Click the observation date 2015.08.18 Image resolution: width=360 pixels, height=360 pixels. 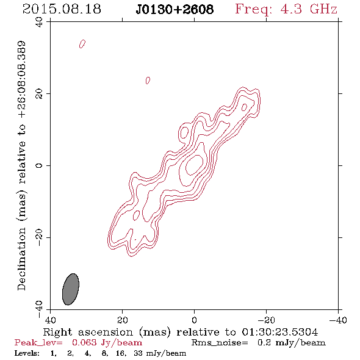pyautogui.click(x=62, y=9)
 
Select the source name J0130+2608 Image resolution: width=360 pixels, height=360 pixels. pyautogui.click(x=175, y=9)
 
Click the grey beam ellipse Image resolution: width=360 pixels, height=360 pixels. pyautogui.click(x=71, y=289)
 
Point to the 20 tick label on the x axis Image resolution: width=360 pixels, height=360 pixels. pyautogui.click(x=122, y=320)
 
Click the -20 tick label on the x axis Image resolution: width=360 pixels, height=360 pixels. pyautogui.click(x=266, y=320)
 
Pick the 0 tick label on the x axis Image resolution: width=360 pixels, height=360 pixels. pyautogui.click(x=195, y=320)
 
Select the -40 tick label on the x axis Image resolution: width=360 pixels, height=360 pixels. pyautogui.click(x=338, y=320)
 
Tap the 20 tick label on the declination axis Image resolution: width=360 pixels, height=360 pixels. pyautogui.click(x=39, y=94)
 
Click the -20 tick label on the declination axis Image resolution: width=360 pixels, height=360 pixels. pyautogui.click(x=39, y=237)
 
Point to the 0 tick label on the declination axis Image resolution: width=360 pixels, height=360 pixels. pyautogui.click(x=39, y=165)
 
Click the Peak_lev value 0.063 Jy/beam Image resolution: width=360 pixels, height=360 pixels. pyautogui.click(x=107, y=343)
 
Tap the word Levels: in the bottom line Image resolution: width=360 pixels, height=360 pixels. pyautogui.click(x=27, y=353)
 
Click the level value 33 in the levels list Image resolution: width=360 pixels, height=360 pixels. pyautogui.click(x=139, y=353)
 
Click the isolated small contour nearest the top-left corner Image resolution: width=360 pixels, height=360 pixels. pyautogui.click(x=82, y=44)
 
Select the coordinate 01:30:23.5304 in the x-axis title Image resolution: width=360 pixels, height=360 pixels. pyautogui.click(x=279, y=332)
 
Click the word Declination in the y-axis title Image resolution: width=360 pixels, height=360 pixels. pyautogui.click(x=21, y=259)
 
